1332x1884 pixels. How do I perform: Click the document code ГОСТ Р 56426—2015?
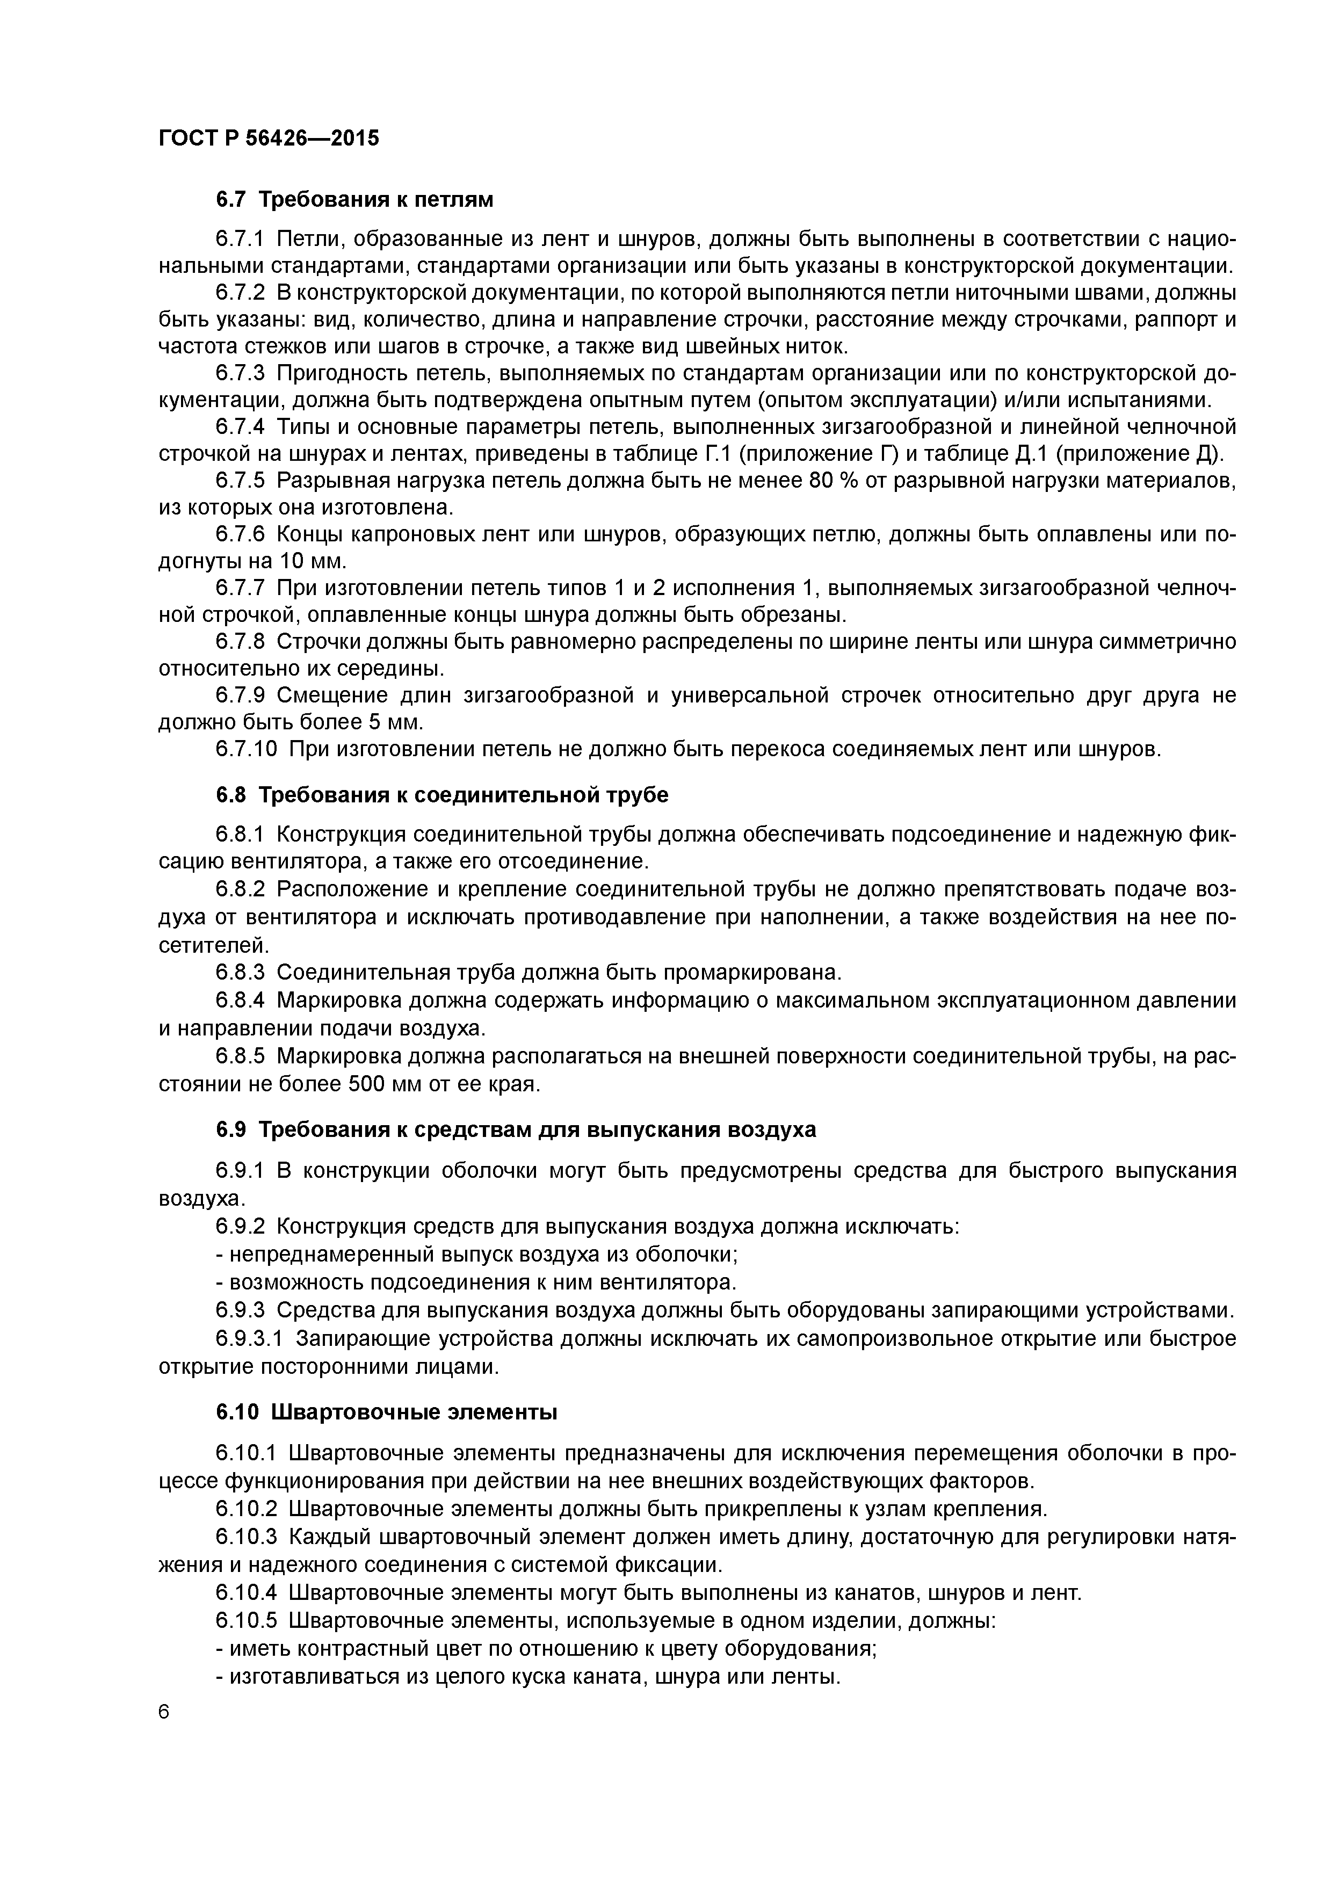[269, 139]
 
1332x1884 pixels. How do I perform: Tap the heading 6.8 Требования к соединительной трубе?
[443, 795]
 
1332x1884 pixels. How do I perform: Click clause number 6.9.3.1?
[250, 1338]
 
